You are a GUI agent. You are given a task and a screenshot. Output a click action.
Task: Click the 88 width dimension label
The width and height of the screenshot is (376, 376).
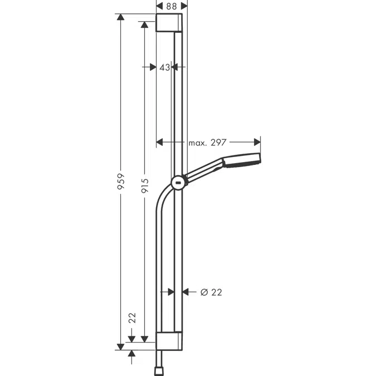(x=172, y=6)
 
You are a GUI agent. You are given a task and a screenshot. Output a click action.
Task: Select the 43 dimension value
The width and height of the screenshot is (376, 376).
(x=164, y=67)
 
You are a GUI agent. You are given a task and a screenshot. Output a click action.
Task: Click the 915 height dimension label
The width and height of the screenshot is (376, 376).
(x=145, y=185)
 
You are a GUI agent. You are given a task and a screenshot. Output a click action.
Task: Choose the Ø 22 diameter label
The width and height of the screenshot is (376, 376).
(x=211, y=292)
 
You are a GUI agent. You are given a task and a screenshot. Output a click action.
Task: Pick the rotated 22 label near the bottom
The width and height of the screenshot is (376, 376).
(x=132, y=318)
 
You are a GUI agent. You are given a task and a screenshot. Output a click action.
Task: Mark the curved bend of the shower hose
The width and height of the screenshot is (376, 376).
(x=163, y=195)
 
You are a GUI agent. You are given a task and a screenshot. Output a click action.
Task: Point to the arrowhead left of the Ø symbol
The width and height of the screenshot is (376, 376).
(x=187, y=292)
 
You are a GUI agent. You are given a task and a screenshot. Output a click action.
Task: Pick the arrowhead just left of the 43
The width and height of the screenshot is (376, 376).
(x=153, y=67)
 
